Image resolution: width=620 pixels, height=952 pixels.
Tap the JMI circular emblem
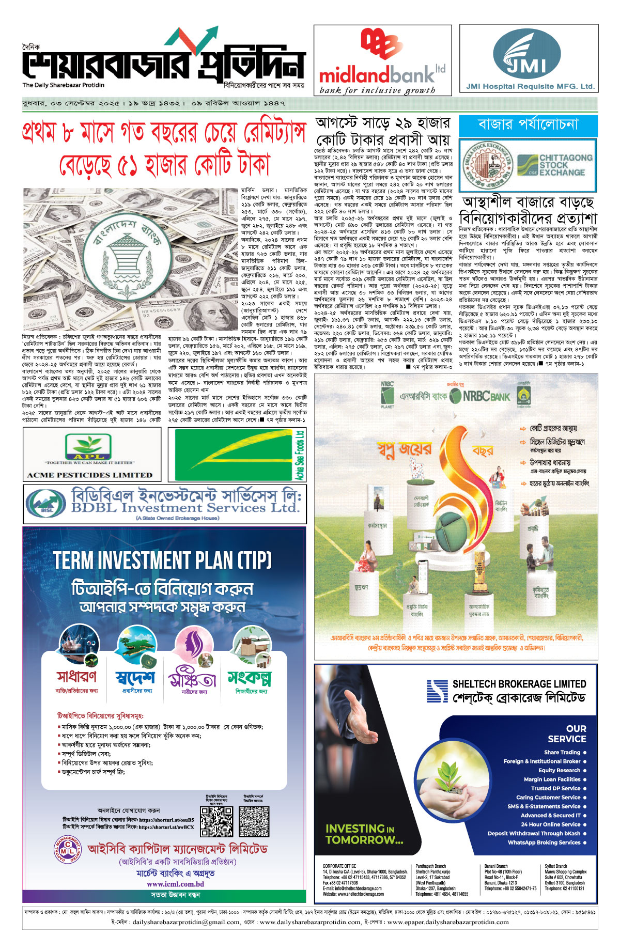pyautogui.click(x=526, y=54)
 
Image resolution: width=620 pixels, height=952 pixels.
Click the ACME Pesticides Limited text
pyautogui.click(x=89, y=475)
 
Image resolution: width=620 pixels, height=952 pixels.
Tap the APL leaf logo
pyautogui.click(x=88, y=447)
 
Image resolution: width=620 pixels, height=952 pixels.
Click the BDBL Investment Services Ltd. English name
pyautogui.click(x=185, y=508)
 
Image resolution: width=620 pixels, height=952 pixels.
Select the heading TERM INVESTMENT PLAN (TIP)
pyautogui.click(x=162, y=560)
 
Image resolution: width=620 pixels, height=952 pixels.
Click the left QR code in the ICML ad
pyautogui.click(x=216, y=822)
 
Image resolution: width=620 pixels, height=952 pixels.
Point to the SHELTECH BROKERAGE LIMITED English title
pyautogui.click(x=519, y=684)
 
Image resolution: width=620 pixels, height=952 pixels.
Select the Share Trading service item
pyautogui.click(x=562, y=753)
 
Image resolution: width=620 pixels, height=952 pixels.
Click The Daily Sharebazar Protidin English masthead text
pyautogui.click(x=63, y=85)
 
